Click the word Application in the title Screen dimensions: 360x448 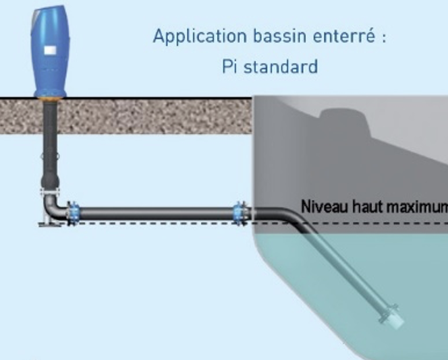(x=192, y=36)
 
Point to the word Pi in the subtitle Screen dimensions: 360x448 (x=229, y=67)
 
